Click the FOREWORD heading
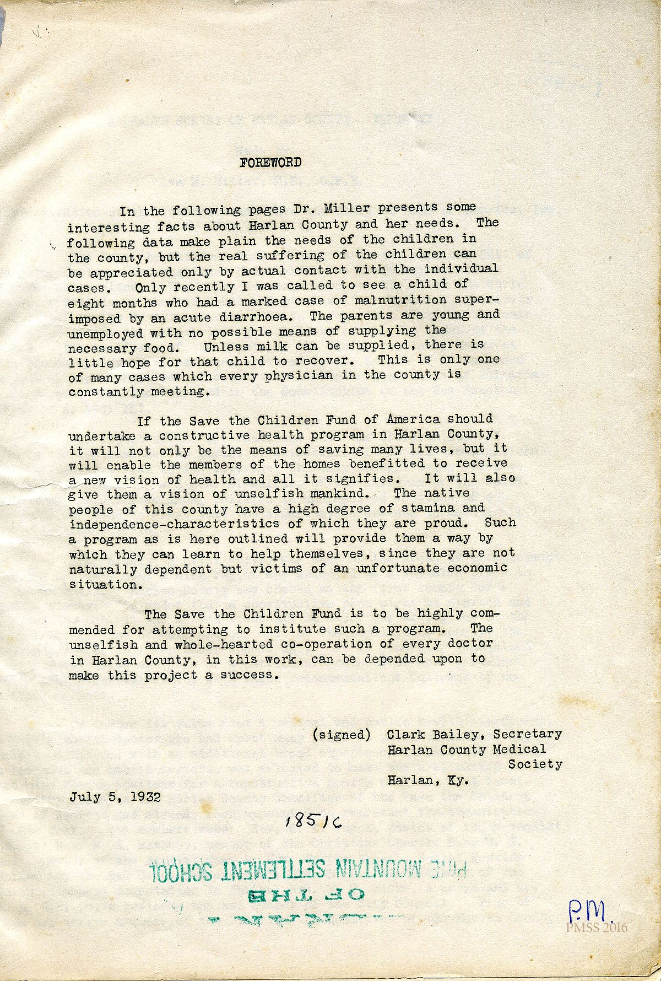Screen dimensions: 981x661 (270, 163)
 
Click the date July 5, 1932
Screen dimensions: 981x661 (115, 797)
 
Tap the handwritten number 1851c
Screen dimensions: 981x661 (313, 822)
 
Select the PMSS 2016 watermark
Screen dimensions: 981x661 (596, 928)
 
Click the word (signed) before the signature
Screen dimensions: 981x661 (342, 735)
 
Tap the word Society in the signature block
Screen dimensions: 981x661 (535, 764)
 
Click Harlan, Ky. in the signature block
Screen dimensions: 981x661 (428, 780)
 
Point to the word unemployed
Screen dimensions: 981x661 (105, 334)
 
